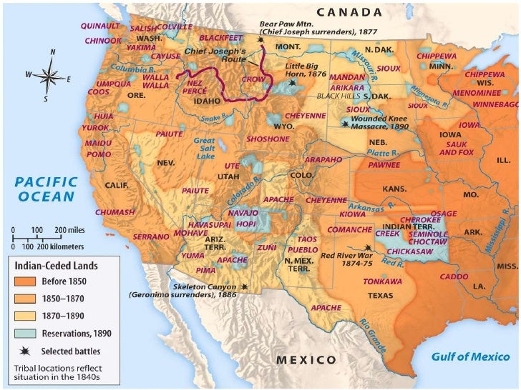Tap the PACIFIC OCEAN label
coord(44,189)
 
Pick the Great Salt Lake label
coord(205,149)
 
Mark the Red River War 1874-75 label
coord(347,259)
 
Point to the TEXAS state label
coord(380,295)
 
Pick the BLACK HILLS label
coord(339,95)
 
